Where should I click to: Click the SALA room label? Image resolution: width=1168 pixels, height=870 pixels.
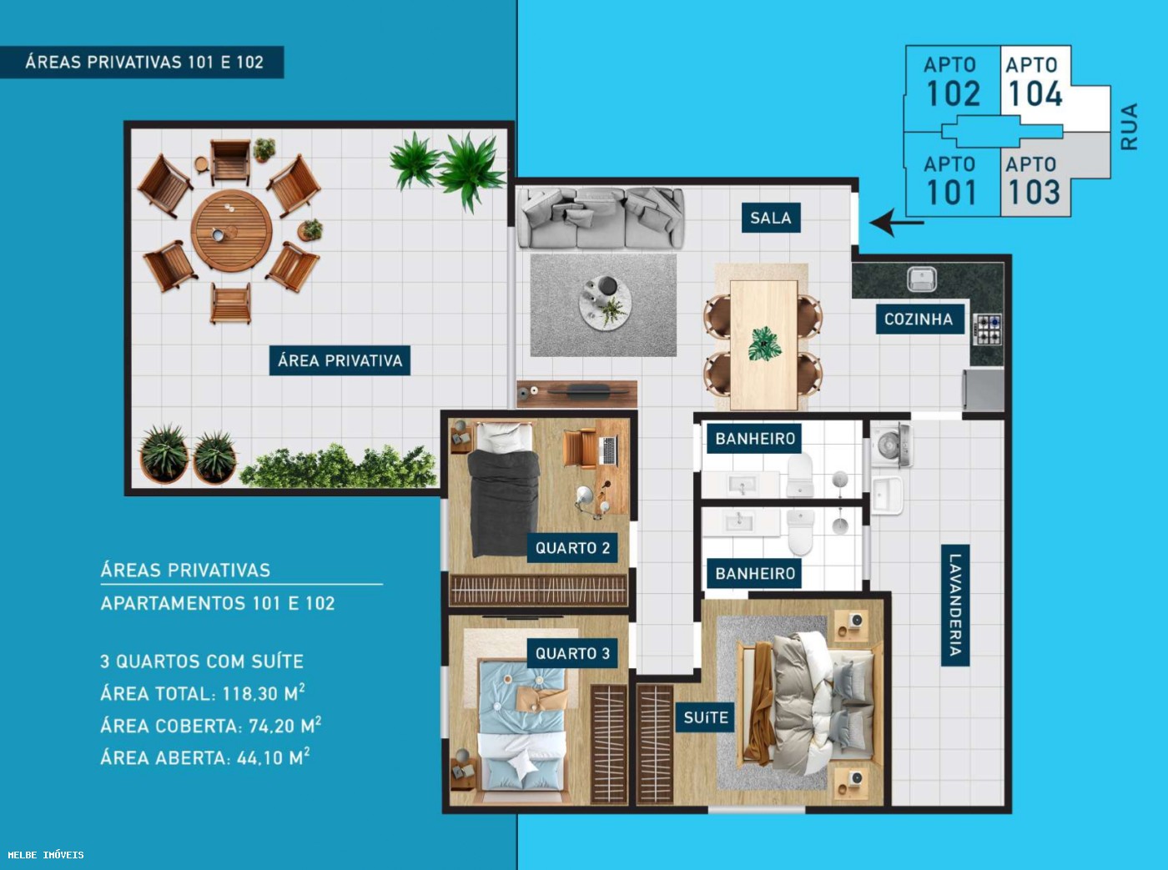pyautogui.click(x=771, y=218)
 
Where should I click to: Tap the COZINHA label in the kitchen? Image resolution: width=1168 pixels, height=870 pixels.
pyautogui.click(x=919, y=319)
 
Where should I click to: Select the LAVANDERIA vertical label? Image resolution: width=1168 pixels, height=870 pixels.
pyautogui.click(x=955, y=605)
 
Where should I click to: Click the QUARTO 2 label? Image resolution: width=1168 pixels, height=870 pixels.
pyautogui.click(x=572, y=548)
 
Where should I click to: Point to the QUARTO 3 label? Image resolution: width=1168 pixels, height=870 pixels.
pyautogui.click(x=572, y=654)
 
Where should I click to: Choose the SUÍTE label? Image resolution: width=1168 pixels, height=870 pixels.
pyautogui.click(x=706, y=717)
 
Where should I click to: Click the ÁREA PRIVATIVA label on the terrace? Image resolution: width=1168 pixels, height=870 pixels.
pyautogui.click(x=340, y=360)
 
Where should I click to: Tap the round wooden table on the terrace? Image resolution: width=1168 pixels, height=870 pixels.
pyautogui.click(x=232, y=231)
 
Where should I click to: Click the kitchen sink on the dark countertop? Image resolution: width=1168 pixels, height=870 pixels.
pyautogui.click(x=922, y=279)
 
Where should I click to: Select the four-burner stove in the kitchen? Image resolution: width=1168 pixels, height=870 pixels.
pyautogui.click(x=987, y=329)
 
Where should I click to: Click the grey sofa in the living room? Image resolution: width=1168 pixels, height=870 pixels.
pyautogui.click(x=600, y=218)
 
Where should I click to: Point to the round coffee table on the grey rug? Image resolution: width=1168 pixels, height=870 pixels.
pyautogui.click(x=605, y=304)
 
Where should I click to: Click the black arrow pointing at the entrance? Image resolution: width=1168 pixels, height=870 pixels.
pyautogui.click(x=896, y=222)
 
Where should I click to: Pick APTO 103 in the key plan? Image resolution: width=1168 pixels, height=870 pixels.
pyautogui.click(x=1033, y=181)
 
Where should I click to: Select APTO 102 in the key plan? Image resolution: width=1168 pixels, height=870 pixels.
pyautogui.click(x=952, y=82)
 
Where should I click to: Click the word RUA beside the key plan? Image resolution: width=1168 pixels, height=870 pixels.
pyautogui.click(x=1129, y=127)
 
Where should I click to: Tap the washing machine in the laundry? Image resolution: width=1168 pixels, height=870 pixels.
pyautogui.click(x=890, y=445)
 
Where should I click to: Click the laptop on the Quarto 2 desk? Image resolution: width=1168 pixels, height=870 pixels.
pyautogui.click(x=609, y=450)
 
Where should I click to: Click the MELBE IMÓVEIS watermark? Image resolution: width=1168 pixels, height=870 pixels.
pyautogui.click(x=46, y=854)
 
